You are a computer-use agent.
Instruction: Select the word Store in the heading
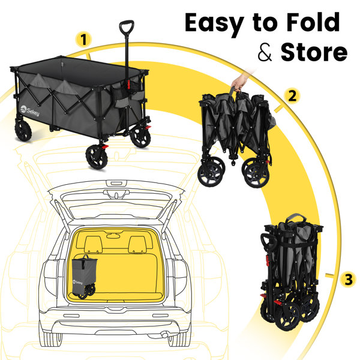pos(314,52)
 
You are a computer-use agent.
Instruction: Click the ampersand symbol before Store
pos(265,53)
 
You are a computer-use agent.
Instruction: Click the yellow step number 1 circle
pos(83,40)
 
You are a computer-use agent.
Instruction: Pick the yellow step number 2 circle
pos(292,96)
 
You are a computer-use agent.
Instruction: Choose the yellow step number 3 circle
pos(349,280)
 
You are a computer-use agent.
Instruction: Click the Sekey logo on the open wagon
pos(30,111)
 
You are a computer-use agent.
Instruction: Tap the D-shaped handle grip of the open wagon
pos(127,27)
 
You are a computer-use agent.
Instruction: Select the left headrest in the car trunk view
pos(94,245)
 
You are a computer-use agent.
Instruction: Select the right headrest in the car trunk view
pos(137,245)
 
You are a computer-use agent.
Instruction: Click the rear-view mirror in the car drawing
pos(113,236)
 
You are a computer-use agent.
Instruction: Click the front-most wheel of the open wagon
pos(97,157)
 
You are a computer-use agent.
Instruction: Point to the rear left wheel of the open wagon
pos(23,131)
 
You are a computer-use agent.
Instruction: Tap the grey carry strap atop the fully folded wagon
pos(296,218)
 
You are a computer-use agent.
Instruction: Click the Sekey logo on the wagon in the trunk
pos(77,282)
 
